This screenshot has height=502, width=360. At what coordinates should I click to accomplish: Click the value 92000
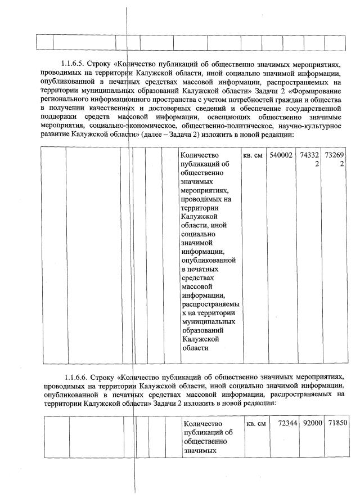pyautogui.click(x=312, y=423)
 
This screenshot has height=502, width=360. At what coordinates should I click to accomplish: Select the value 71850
pyautogui.click(x=335, y=423)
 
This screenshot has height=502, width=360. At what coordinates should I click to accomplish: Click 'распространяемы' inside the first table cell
pyautogui.click(x=208, y=304)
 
